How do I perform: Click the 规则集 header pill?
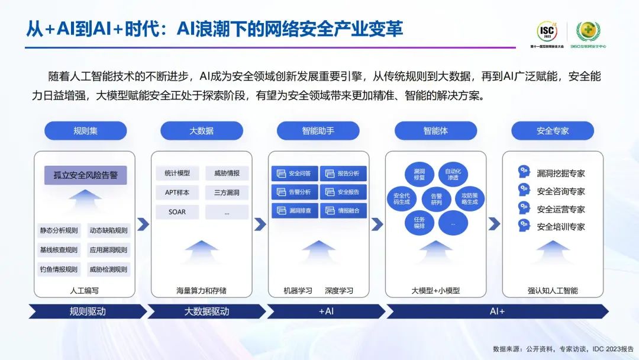[85, 131]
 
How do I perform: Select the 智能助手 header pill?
[318, 131]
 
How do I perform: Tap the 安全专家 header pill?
[553, 131]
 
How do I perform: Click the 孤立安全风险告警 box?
[85, 175]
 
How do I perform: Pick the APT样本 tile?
[177, 192]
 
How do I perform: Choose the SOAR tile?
[177, 211]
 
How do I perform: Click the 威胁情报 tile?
[227, 173]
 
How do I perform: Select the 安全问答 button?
[294, 173]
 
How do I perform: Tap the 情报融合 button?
[343, 210]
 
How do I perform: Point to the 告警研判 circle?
[436, 199]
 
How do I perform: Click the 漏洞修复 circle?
[419, 174]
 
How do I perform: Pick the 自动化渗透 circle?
[453, 174]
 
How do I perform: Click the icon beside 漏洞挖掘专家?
[524, 172]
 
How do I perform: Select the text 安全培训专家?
[561, 227]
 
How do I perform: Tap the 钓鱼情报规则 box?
[59, 269]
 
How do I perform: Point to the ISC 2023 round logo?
[547, 30]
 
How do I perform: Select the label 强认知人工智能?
[553, 291]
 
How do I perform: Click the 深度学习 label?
[339, 291]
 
